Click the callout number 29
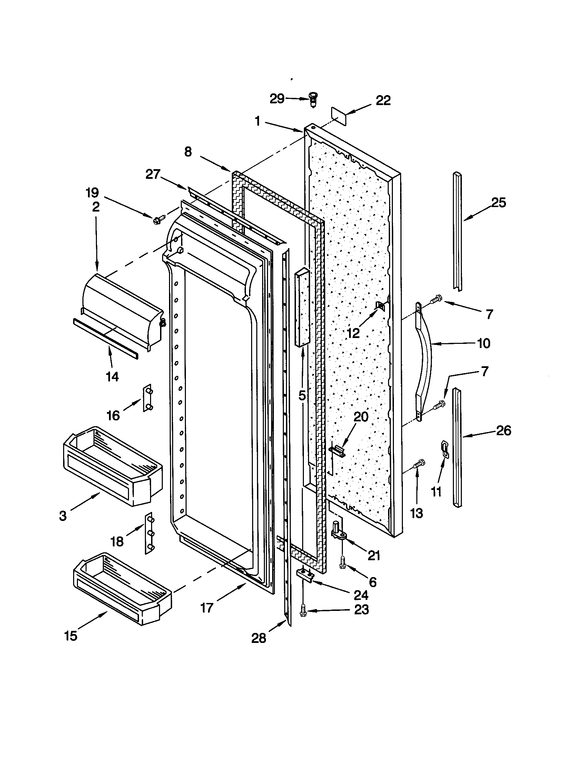[277, 99]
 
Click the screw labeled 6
[342, 565]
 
